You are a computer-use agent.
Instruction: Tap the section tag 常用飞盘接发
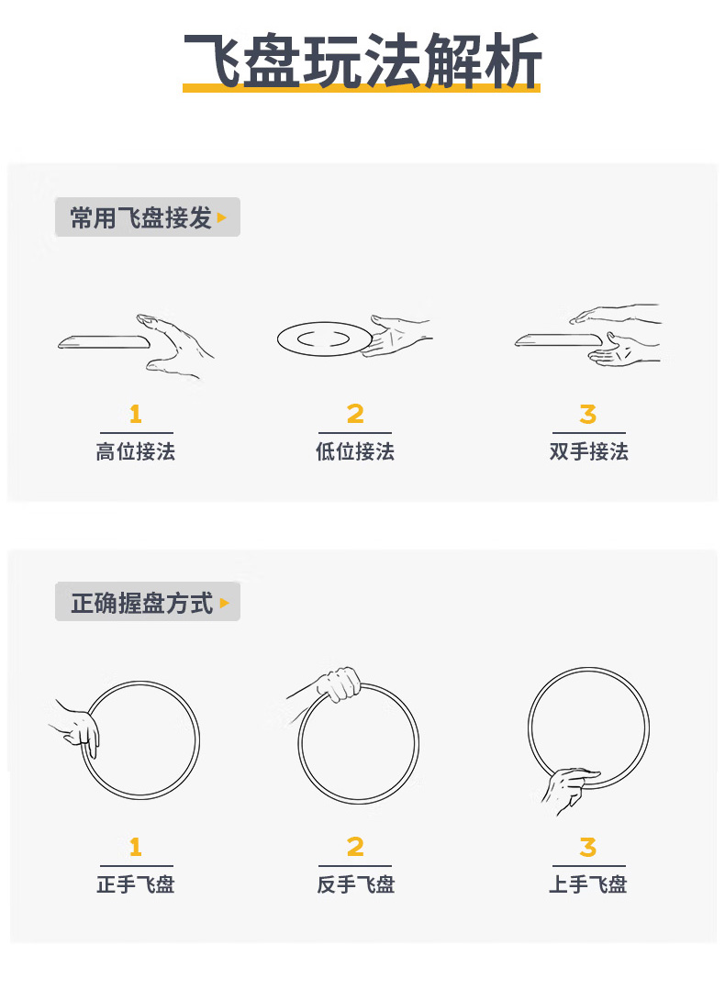coord(140,217)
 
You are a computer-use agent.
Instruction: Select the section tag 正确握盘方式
coord(142,603)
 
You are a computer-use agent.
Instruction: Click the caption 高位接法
coord(136,451)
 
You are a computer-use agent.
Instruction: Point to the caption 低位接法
coord(355,451)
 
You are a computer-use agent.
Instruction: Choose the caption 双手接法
coord(588,451)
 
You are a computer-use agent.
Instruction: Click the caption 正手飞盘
coord(136,884)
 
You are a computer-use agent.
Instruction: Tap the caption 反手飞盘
coord(355,884)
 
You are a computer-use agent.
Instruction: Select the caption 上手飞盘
coord(588,884)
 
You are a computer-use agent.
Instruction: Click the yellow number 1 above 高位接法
coord(136,414)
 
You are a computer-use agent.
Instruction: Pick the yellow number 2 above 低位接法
coord(355,414)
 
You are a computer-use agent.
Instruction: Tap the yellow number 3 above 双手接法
coord(588,414)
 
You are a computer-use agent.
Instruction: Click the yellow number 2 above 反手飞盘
coord(355,847)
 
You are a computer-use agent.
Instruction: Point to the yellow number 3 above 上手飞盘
coord(588,847)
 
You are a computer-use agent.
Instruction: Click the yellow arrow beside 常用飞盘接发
coord(221,217)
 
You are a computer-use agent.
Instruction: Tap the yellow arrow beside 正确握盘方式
coord(224,603)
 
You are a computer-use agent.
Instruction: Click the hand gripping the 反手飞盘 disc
coord(340,684)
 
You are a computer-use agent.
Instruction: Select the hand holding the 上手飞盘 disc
coord(569,788)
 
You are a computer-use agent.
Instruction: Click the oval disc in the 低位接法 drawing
coord(325,339)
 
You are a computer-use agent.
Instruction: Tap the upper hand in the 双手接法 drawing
coord(615,314)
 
